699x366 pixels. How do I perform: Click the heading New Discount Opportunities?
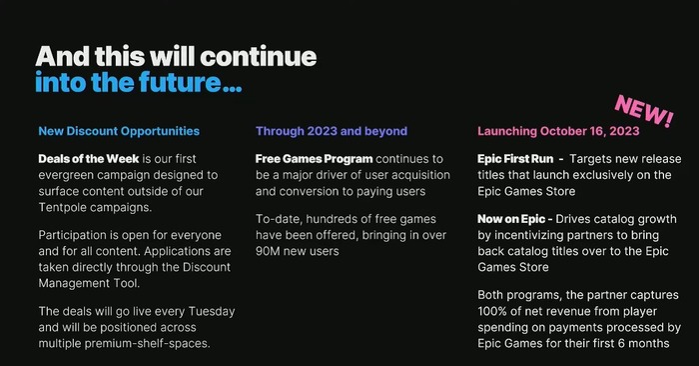click(x=119, y=131)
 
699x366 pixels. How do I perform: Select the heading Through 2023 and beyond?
click(x=332, y=131)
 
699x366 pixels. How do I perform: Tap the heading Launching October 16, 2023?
click(x=560, y=131)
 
